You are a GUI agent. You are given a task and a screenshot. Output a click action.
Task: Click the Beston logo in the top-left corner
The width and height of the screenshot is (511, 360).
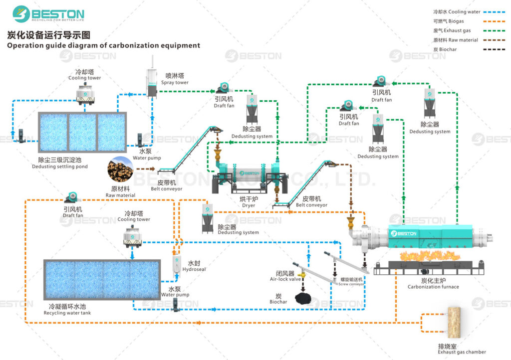click(x=48, y=14)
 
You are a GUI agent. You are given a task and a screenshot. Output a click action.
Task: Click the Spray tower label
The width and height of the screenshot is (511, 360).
click(x=174, y=79)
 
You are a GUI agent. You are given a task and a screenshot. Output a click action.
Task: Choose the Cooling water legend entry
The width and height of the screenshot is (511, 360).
click(x=457, y=11)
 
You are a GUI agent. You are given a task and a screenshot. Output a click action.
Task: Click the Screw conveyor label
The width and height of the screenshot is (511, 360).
click(x=351, y=282)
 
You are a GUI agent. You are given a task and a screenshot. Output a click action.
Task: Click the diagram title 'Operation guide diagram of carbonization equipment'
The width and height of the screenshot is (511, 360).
click(x=103, y=45)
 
